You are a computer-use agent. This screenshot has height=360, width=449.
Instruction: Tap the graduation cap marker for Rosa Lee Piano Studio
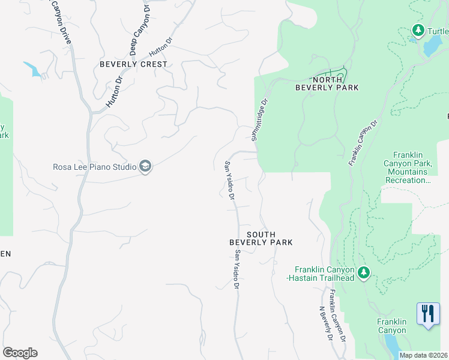[145, 166]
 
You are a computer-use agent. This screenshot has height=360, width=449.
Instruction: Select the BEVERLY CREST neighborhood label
[133, 64]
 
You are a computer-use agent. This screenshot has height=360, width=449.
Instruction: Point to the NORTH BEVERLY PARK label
[327, 83]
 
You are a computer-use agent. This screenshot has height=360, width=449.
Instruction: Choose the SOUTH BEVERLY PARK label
[261, 238]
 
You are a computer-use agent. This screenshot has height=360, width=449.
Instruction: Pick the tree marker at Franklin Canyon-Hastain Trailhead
[363, 274]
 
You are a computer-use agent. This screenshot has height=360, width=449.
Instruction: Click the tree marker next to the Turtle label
[418, 30]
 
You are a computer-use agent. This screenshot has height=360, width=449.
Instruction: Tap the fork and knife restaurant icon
[427, 314]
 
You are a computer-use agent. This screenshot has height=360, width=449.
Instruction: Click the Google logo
[20, 353]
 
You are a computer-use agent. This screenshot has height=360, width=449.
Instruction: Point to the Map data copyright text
[424, 355]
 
